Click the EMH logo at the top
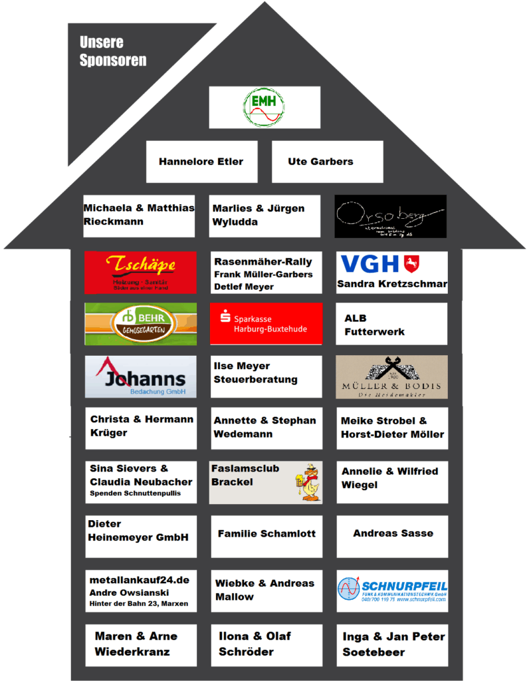tap(264, 107)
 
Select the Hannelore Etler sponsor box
tap(201, 162)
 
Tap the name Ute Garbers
tap(320, 162)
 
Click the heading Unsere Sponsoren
tap(112, 51)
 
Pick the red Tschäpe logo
tap(140, 272)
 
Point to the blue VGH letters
tap(370, 264)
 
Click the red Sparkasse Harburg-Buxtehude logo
tap(266, 324)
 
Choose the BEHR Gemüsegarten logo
tap(140, 324)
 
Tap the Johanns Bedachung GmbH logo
tap(141, 376)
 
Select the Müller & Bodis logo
tap(391, 376)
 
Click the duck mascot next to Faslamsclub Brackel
tap(308, 482)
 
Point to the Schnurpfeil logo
tap(391, 590)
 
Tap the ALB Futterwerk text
tap(374, 325)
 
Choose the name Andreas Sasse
tap(393, 533)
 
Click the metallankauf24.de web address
tap(139, 580)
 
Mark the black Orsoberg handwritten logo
tap(390, 215)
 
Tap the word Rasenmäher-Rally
tap(263, 261)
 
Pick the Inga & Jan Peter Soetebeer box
tap(392, 644)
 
